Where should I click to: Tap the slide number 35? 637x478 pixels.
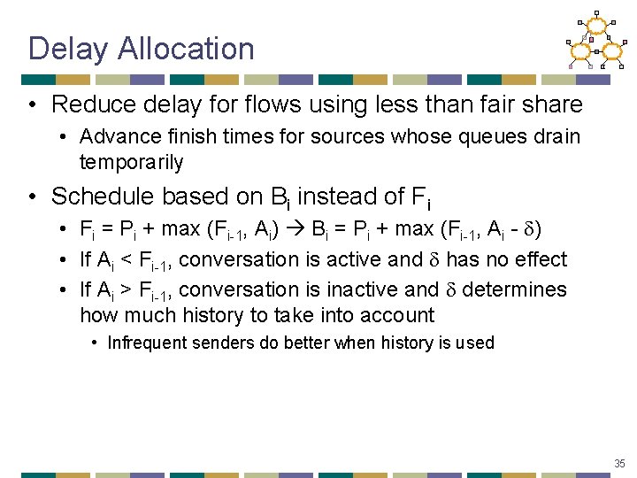click(618, 462)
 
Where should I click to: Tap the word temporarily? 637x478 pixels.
click(132, 162)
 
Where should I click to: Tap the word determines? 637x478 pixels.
click(516, 289)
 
